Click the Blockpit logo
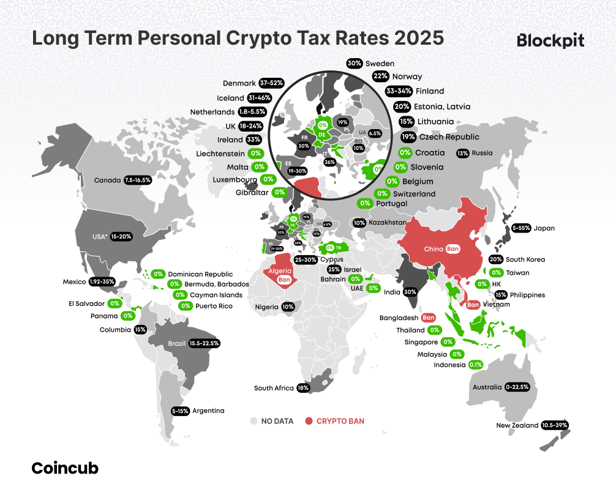550,40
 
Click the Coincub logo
64,469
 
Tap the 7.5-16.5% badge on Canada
137,181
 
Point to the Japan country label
544,228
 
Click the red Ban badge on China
453,249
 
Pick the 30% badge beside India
410,292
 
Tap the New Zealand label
517,425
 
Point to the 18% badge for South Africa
302,388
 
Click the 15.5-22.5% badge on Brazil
205,343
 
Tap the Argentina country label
208,411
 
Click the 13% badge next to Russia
463,153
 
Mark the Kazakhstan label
387,223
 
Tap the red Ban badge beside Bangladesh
428,318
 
